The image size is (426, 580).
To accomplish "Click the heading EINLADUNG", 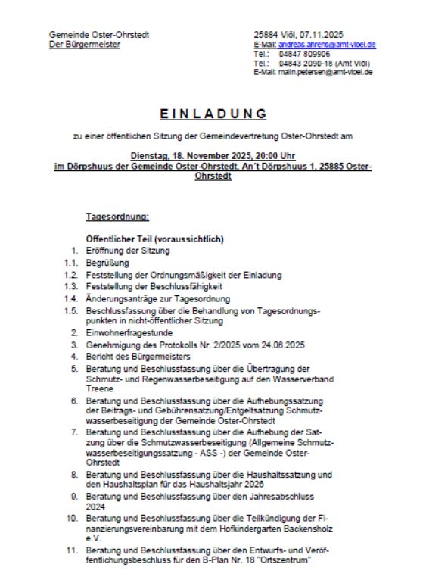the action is click(x=213, y=114).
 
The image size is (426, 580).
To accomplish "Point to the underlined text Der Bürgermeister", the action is click(x=84, y=44).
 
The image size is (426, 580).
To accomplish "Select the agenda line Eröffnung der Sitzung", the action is click(x=123, y=248).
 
